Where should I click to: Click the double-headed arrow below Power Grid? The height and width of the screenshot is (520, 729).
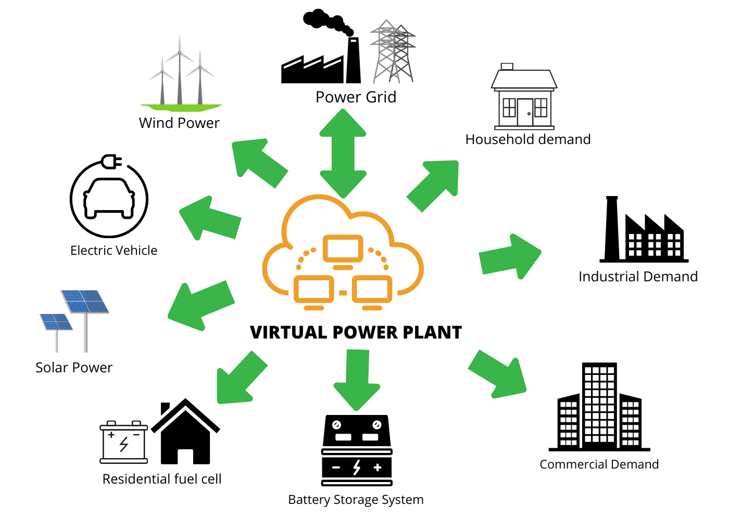click(343, 153)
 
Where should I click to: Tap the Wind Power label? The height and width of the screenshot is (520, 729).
click(179, 123)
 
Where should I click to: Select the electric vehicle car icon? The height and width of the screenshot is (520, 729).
click(109, 199)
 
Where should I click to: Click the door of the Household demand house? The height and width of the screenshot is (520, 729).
click(525, 112)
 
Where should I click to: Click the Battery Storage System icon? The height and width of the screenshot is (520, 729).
click(357, 450)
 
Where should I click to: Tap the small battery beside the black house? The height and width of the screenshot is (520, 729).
click(124, 442)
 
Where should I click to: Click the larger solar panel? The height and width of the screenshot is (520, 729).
click(85, 302)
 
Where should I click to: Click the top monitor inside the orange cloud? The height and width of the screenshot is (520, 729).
click(343, 250)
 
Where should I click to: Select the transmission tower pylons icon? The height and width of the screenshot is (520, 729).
click(393, 52)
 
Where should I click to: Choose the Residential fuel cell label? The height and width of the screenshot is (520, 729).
click(162, 479)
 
